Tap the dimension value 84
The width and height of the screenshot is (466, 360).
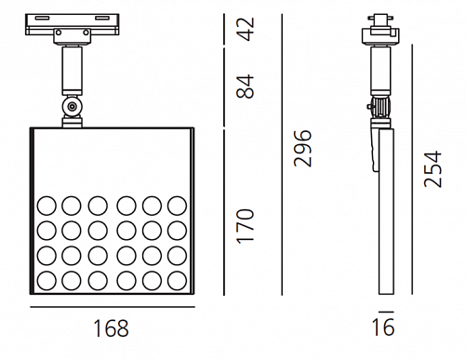click(x=245, y=87)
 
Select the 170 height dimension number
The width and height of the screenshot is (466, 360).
click(x=245, y=226)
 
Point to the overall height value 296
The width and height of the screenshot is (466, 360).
click(x=302, y=148)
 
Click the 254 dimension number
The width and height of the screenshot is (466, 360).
click(x=433, y=168)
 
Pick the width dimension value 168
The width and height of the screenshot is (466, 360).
click(x=111, y=328)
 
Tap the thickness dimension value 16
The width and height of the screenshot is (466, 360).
click(x=383, y=327)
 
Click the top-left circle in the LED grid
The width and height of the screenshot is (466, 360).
click(x=47, y=206)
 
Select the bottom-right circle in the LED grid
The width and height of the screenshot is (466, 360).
click(x=177, y=281)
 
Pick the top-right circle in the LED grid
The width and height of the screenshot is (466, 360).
click(x=177, y=206)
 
